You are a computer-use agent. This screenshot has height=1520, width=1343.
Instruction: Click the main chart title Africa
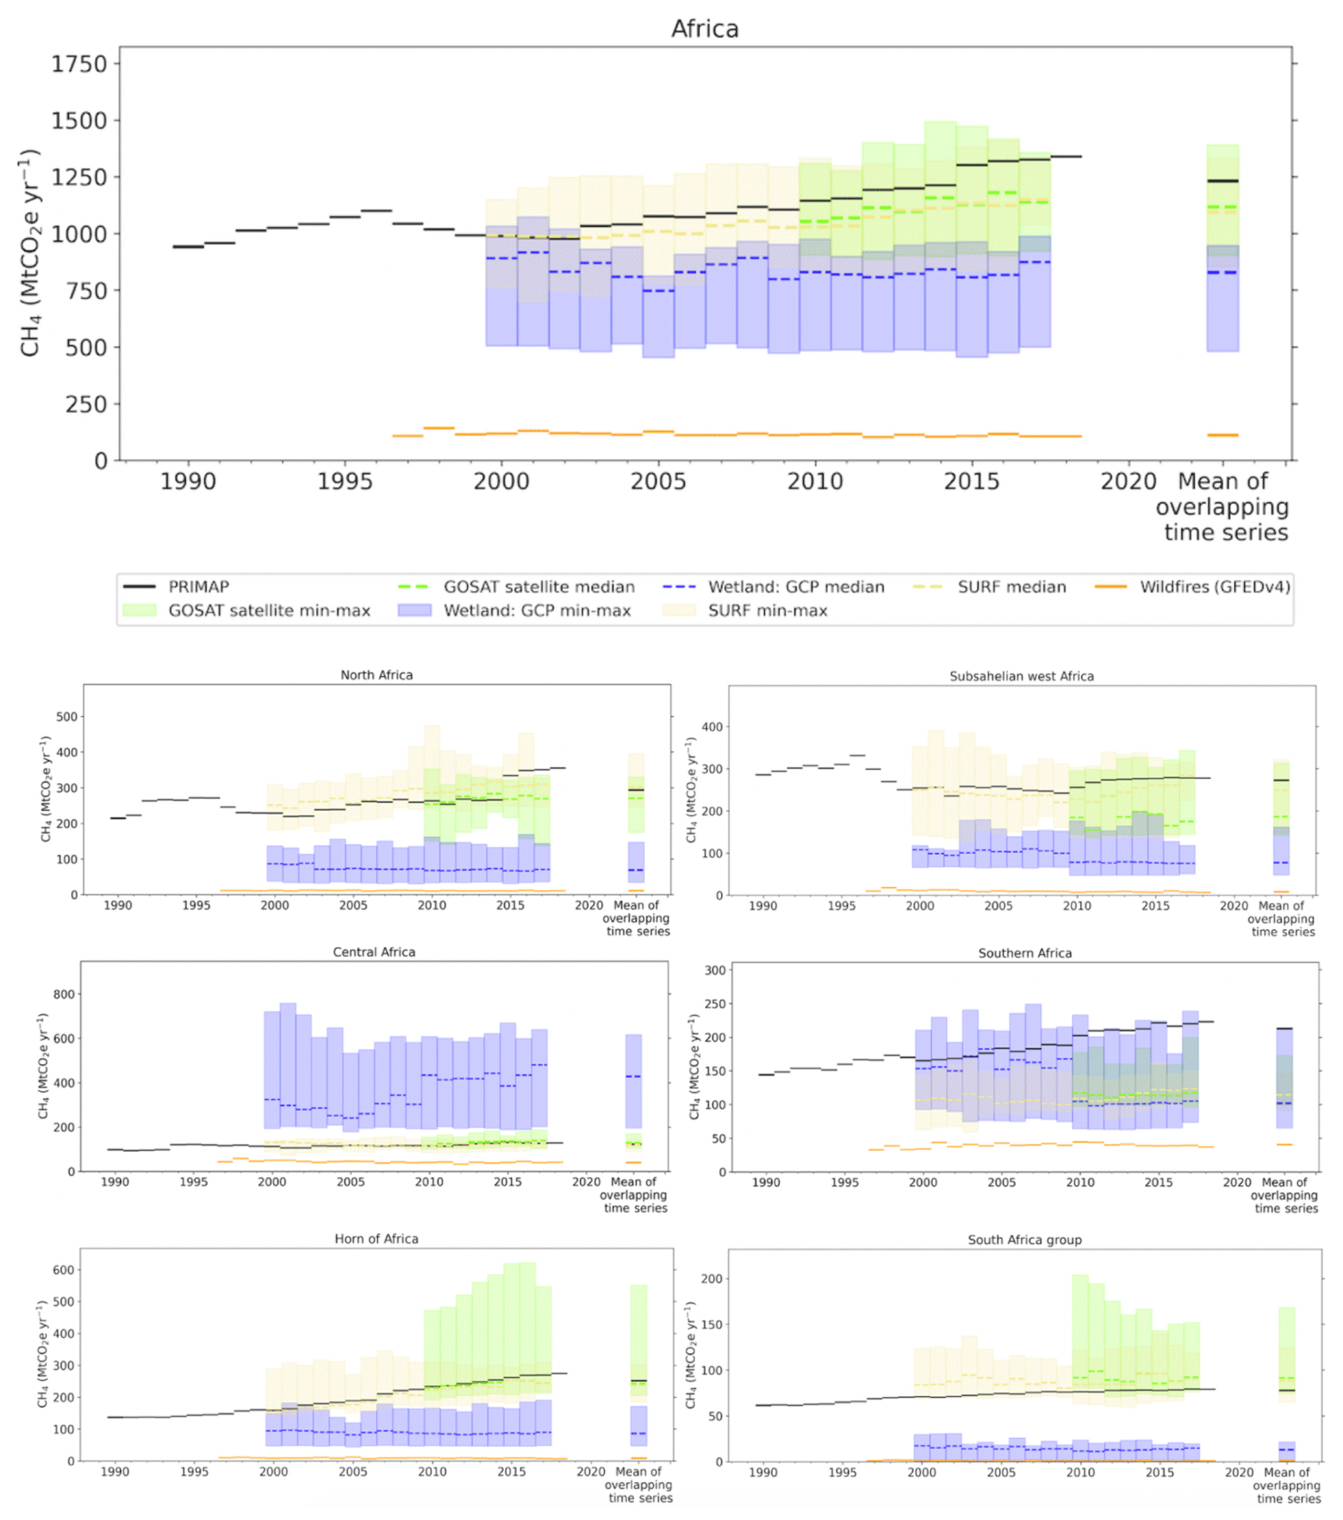coord(704,29)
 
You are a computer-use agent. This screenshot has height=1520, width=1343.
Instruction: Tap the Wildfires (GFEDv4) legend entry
coord(1214,587)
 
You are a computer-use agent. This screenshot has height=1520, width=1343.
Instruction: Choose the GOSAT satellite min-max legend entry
coord(268,610)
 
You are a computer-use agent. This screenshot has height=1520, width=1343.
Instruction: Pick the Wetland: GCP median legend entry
coord(796,587)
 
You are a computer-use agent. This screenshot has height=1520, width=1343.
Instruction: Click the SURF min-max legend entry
coord(767,610)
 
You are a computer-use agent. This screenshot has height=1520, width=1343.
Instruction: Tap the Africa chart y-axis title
coord(30,253)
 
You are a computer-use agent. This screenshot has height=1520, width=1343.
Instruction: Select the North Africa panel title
coord(376,675)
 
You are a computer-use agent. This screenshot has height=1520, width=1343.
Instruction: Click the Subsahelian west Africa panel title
coord(1021,676)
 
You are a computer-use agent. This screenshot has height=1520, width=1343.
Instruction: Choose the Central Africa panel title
coord(374,952)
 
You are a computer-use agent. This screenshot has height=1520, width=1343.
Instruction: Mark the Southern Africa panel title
coord(1025,953)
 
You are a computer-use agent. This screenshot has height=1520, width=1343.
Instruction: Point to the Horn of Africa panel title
coord(376,1239)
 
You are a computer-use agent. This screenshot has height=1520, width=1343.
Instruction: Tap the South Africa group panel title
coord(1024,1240)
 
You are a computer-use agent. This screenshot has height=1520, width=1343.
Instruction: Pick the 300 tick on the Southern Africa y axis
coord(715,970)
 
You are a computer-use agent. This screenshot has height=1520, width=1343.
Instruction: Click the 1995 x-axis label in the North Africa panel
coord(196,906)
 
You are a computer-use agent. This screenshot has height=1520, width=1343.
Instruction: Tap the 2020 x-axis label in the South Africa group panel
coord(1239,1473)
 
